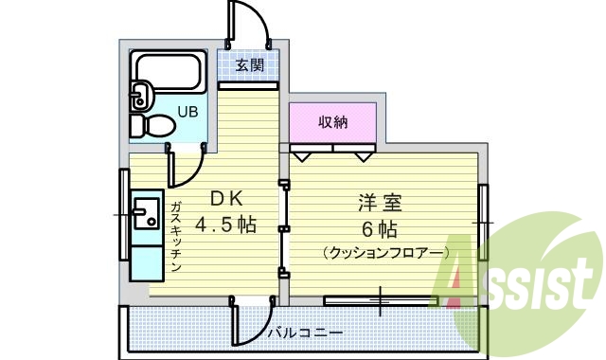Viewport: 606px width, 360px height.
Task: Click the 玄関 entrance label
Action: coord(249,65)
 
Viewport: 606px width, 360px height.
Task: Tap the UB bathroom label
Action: coord(188,112)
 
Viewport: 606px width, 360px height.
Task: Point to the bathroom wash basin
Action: coord(141,96)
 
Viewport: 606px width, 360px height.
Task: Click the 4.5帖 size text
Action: coord(226,225)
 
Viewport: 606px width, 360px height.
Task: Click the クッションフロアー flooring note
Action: coord(384,253)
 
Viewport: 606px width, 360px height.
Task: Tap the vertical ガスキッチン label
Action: coord(176,237)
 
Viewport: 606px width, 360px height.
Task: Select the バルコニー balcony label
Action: coord(305,333)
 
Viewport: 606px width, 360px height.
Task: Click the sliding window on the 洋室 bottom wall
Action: coord(379,300)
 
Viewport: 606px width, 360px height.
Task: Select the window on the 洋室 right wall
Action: coord(484,220)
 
